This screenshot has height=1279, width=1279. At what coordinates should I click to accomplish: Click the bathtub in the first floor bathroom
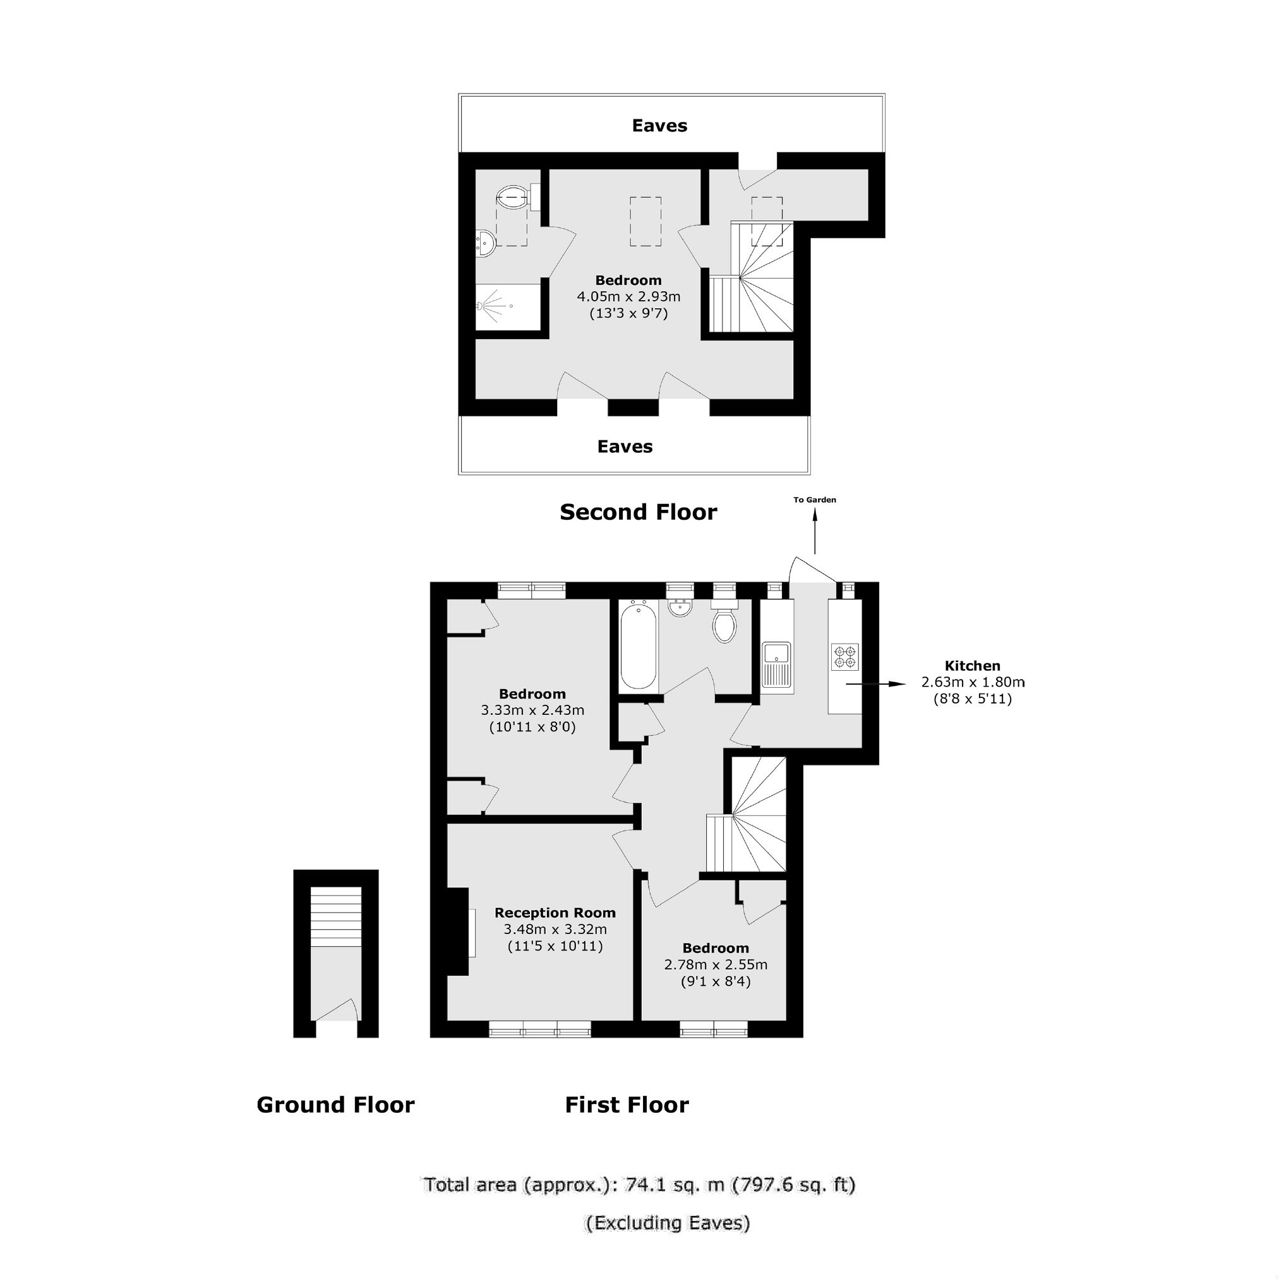click(x=639, y=645)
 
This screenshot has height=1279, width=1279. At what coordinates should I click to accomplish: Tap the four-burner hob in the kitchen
click(x=845, y=656)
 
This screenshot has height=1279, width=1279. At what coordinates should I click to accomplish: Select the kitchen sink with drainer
click(x=776, y=664)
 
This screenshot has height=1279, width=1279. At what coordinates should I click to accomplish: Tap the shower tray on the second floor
click(x=507, y=306)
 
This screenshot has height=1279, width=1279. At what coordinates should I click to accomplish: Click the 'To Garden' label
click(x=814, y=500)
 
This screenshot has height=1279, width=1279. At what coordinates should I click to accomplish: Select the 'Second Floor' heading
click(x=638, y=512)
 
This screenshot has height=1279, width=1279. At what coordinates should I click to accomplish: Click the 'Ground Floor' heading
click(x=335, y=1105)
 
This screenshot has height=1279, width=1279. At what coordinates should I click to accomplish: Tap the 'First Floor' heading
click(x=627, y=1105)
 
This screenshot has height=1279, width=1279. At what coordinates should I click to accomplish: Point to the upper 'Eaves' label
click(x=659, y=126)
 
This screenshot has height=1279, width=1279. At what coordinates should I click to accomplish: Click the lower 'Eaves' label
click(x=625, y=447)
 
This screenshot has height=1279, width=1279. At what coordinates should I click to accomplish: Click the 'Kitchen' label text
click(x=973, y=666)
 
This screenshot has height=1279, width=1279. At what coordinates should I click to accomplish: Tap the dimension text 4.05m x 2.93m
click(x=628, y=297)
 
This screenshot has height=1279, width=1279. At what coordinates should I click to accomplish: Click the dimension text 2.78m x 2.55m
click(x=716, y=964)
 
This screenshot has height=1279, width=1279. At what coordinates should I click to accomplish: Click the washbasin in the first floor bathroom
click(x=680, y=607)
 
